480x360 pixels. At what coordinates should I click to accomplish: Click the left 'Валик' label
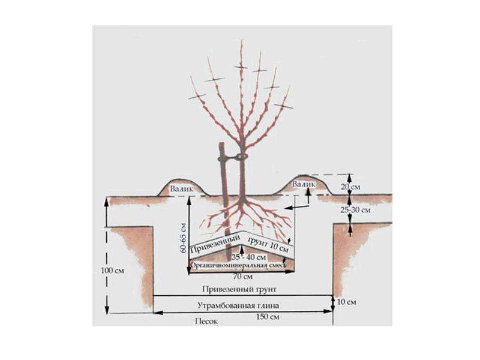tap(182, 189)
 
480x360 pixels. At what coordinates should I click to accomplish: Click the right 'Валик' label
tap(304, 184)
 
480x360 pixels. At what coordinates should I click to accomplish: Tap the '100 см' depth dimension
tap(112, 271)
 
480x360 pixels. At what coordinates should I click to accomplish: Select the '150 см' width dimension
tap(267, 317)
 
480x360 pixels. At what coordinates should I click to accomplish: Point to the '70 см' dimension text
tap(243, 277)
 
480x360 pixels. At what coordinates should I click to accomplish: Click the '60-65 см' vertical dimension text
tap(183, 237)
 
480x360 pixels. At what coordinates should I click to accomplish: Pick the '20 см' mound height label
tap(350, 187)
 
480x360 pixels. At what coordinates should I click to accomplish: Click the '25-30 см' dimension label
tap(355, 210)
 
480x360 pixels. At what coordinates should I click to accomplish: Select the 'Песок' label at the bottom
tap(206, 322)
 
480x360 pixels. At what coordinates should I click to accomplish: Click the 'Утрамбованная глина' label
tap(238, 305)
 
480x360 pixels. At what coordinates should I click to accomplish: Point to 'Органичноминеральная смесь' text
tap(238, 265)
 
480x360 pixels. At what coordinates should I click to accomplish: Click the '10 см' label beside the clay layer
tap(347, 302)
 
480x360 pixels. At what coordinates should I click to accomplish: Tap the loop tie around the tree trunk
tap(242, 157)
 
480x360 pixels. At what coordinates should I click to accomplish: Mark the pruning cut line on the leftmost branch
tap(197, 97)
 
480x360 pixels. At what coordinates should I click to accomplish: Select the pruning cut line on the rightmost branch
tap(283, 106)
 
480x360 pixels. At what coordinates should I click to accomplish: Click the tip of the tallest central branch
tap(242, 40)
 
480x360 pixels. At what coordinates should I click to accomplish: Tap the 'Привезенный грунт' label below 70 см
tap(239, 289)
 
